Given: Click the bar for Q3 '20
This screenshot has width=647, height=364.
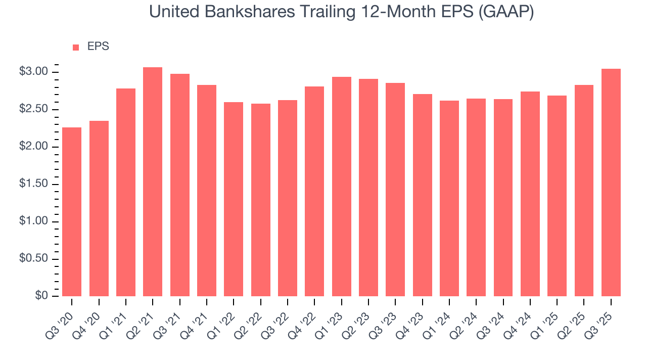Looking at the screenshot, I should (72, 212).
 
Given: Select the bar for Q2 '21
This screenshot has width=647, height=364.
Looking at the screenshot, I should (153, 182).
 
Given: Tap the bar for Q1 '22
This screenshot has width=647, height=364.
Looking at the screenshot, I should (234, 199).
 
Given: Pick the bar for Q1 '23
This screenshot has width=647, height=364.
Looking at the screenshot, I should (342, 187).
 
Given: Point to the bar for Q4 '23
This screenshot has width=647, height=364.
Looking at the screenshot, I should (423, 195).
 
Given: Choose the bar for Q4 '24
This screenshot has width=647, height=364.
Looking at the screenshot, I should (530, 194).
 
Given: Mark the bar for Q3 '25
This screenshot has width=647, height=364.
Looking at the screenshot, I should (611, 183).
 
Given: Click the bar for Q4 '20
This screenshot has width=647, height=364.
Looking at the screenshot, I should (99, 208).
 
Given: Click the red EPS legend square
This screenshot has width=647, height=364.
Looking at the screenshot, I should (76, 47).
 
